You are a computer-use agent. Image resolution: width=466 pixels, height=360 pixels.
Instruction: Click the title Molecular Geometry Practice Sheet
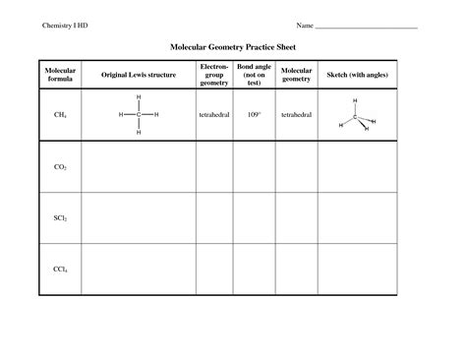point(232,46)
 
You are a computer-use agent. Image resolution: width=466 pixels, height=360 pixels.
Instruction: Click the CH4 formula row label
point(60,115)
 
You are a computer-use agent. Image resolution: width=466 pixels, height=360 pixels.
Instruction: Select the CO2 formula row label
point(60,167)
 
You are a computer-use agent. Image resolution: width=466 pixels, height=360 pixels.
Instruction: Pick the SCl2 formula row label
point(60,217)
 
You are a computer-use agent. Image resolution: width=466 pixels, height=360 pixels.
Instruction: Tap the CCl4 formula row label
point(60,268)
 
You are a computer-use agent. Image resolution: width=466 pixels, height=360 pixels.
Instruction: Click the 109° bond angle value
point(255,115)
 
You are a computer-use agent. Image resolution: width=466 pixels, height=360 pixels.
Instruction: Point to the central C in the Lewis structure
point(139,115)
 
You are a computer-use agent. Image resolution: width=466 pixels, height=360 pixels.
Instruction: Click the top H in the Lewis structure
point(139,97)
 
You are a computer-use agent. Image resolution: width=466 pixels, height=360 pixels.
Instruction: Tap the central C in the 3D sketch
point(355,117)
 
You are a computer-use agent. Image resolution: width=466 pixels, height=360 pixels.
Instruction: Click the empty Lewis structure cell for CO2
point(138,167)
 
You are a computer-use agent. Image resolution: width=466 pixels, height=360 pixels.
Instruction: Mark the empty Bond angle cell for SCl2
point(255,217)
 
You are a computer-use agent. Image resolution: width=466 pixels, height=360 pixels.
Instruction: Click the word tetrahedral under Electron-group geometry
point(213,115)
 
